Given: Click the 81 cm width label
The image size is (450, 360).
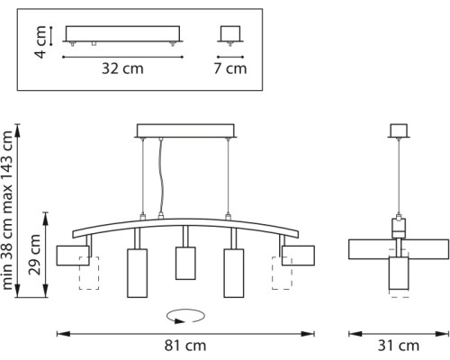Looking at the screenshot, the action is [x=185, y=346].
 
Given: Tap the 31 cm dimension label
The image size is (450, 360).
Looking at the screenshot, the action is [x=399, y=346].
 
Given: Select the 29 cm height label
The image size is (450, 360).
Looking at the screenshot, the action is [x=34, y=255].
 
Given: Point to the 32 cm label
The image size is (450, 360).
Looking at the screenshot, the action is [x=122, y=68].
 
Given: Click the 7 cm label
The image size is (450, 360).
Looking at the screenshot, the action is [x=230, y=68].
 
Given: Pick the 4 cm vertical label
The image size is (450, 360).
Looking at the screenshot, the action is [x=40, y=41].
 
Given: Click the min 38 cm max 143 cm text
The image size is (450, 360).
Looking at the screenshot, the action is [x=8, y=210].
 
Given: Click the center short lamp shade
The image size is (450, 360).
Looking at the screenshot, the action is [x=185, y=263].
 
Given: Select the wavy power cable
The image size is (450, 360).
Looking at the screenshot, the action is [x=162, y=177].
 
